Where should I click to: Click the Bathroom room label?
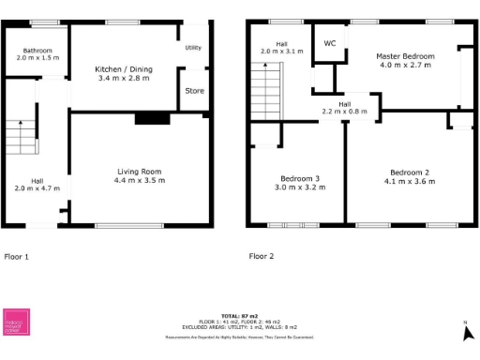(37, 50)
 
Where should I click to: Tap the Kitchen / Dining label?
(124, 69)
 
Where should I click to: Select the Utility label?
(193, 47)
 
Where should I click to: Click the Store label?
(194, 91)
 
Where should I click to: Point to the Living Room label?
(140, 171)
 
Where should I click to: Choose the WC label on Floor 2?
(330, 43)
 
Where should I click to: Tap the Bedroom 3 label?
(300, 178)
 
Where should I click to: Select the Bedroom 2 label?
(409, 172)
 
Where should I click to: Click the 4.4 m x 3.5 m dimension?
(140, 180)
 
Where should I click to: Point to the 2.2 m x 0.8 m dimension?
(345, 112)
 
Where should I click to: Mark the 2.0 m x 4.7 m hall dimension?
(37, 188)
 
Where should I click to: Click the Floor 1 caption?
(17, 256)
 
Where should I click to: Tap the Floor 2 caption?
(262, 256)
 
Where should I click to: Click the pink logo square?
(17, 321)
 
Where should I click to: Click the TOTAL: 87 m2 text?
(240, 316)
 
